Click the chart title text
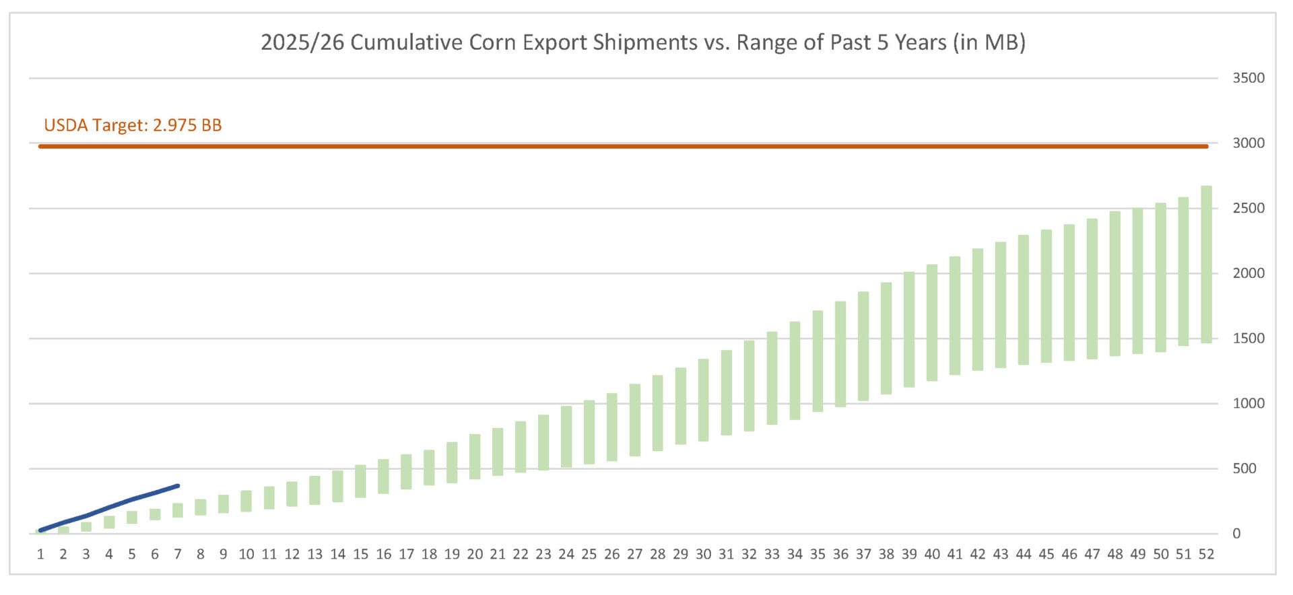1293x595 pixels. coord(643,42)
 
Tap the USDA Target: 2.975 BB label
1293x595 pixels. coord(133,125)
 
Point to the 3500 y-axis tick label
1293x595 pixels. coord(1248,78)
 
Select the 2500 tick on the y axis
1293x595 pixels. coord(1248,208)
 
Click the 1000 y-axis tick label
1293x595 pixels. coord(1248,403)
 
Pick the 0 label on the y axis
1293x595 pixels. coord(1236,534)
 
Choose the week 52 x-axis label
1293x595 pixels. coord(1206,555)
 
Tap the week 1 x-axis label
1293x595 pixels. coord(40,555)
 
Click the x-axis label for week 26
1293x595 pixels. coord(611,555)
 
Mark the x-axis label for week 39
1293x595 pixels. coord(909,555)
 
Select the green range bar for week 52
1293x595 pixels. coord(1206,265)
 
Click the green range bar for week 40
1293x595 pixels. coord(932,323)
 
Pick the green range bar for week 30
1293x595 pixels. coord(703,400)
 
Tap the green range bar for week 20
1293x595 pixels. coord(475,457)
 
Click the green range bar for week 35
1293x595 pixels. coord(818,361)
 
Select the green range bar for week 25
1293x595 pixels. coord(589,432)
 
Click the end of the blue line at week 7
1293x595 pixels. coord(178,486)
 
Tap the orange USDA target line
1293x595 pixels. coord(623,146)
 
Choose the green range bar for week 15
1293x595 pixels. coord(360,481)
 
